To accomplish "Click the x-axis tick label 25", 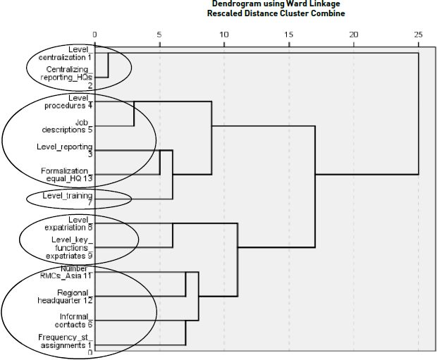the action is (x=418, y=35).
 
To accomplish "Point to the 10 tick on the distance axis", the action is (x=224, y=35).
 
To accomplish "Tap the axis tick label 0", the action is (x=94, y=35).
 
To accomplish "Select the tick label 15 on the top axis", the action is (x=289, y=35).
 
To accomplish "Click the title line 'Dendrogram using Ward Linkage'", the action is (x=276, y=4).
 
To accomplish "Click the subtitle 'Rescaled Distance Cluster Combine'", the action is (x=276, y=13).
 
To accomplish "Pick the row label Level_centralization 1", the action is (x=66, y=54).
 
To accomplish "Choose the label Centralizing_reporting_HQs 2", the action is (x=67, y=77).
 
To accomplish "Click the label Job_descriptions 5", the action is (x=67, y=126).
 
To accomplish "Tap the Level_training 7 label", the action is (x=68, y=199).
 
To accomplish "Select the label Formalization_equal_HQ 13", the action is (x=67, y=175).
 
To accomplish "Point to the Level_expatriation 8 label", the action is (x=68, y=224).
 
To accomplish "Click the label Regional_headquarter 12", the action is (x=66, y=297).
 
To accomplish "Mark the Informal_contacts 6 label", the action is (x=74, y=321).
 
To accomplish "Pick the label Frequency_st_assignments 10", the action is (x=66, y=345).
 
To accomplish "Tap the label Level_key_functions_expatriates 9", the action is (x=69, y=248).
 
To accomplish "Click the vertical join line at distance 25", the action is (x=419, y=113).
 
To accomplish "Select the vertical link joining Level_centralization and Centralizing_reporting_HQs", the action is (x=108, y=65).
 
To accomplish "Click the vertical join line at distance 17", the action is (x=315, y=187).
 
